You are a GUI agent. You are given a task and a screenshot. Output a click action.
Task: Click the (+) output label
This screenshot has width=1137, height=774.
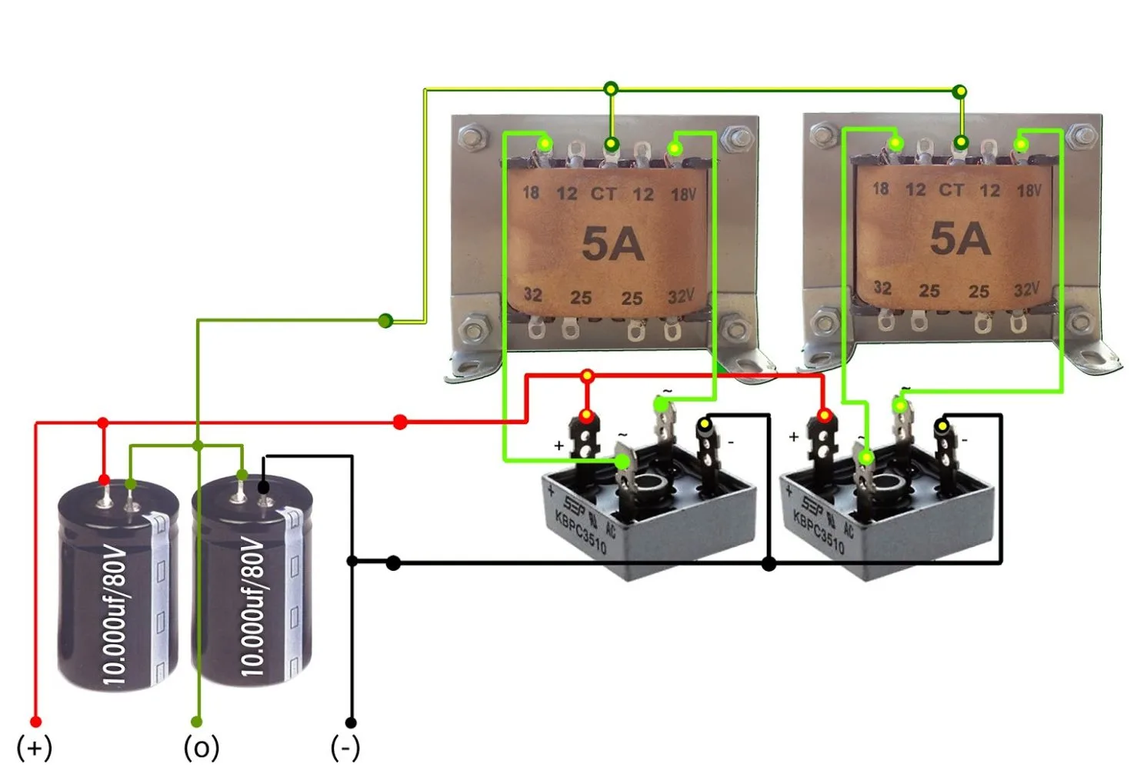[x=35, y=747]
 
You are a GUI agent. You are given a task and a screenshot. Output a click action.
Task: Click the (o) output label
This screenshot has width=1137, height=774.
[x=202, y=747]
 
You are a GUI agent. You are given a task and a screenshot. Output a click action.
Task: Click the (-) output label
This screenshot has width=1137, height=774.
[x=345, y=747]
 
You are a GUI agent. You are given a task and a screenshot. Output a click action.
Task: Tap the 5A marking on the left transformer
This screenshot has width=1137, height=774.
[x=612, y=244]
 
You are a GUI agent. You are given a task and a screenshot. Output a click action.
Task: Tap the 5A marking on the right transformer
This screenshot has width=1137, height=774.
[x=960, y=239]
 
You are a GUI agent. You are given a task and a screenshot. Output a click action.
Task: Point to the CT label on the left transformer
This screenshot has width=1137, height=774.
[x=604, y=194]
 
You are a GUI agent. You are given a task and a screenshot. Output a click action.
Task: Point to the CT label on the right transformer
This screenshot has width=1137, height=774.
[x=952, y=190]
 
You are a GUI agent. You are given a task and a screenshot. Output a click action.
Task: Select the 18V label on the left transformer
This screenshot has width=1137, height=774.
[x=683, y=194]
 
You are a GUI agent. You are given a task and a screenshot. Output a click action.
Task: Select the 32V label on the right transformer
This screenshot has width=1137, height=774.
[x=1027, y=290]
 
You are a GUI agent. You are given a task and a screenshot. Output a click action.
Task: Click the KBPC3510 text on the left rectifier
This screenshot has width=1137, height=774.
[x=581, y=532]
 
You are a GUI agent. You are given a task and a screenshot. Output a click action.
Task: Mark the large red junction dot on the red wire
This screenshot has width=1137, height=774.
[x=400, y=422]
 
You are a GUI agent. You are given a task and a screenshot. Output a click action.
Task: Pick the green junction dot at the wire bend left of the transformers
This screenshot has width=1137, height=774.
[x=385, y=320]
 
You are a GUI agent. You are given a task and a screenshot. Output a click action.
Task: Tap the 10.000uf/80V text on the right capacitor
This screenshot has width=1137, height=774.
[x=252, y=608]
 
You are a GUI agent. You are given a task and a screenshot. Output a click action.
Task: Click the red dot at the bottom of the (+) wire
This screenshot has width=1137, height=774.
[x=35, y=722]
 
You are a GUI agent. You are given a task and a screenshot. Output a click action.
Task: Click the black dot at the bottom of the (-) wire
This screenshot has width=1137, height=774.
[x=351, y=722]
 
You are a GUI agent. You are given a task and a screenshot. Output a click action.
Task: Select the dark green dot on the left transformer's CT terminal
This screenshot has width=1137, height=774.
[x=611, y=144]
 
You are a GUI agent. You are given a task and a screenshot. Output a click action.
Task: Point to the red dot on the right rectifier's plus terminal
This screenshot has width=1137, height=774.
[x=824, y=416]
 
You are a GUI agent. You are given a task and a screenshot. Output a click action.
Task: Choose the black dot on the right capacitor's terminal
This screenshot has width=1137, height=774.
[x=263, y=487]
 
